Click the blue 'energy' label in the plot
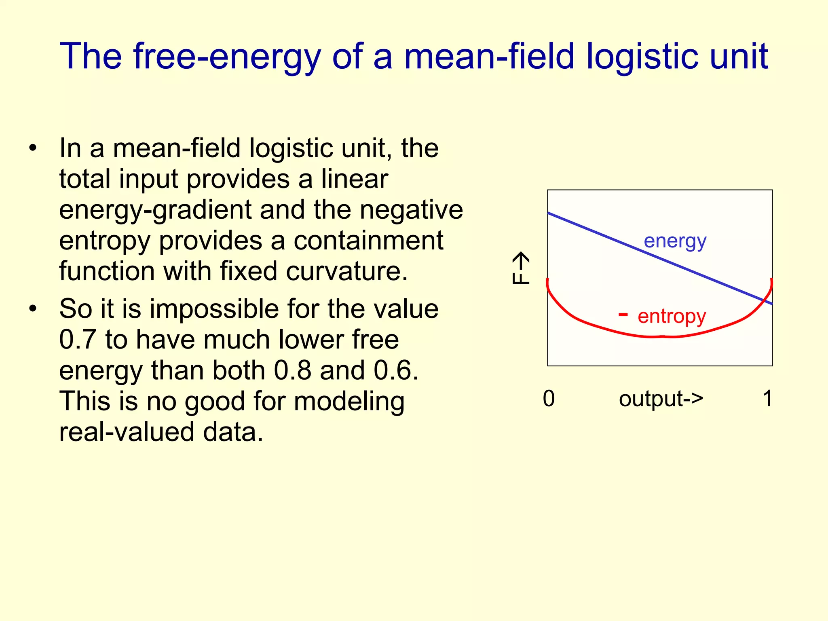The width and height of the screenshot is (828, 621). point(675,241)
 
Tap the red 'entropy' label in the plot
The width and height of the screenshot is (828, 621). point(672,316)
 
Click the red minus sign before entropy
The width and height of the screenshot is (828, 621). point(623,315)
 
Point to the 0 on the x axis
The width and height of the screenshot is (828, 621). point(549,399)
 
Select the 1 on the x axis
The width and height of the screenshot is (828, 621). point(767,399)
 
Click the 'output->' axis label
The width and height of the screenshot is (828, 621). point(661,399)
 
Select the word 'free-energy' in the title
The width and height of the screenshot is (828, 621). point(227,57)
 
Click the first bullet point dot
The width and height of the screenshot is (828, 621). point(33,148)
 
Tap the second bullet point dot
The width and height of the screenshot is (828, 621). point(33,309)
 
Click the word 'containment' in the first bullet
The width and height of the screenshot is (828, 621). point(368,241)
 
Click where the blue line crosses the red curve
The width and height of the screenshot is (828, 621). point(763,300)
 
